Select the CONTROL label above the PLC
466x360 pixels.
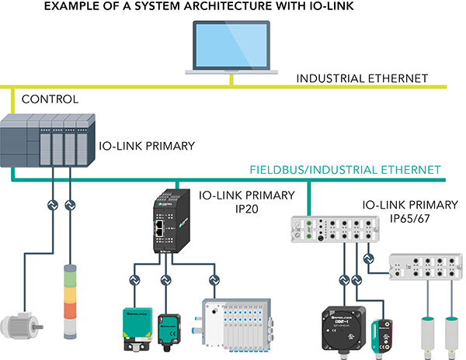pyautogui.click(x=50, y=99)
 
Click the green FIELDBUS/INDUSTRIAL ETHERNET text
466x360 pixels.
pyautogui.click(x=345, y=169)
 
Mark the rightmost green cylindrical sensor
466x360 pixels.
pyautogui.click(x=450, y=331)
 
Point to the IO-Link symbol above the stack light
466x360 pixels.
pyautogui.click(x=71, y=206)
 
